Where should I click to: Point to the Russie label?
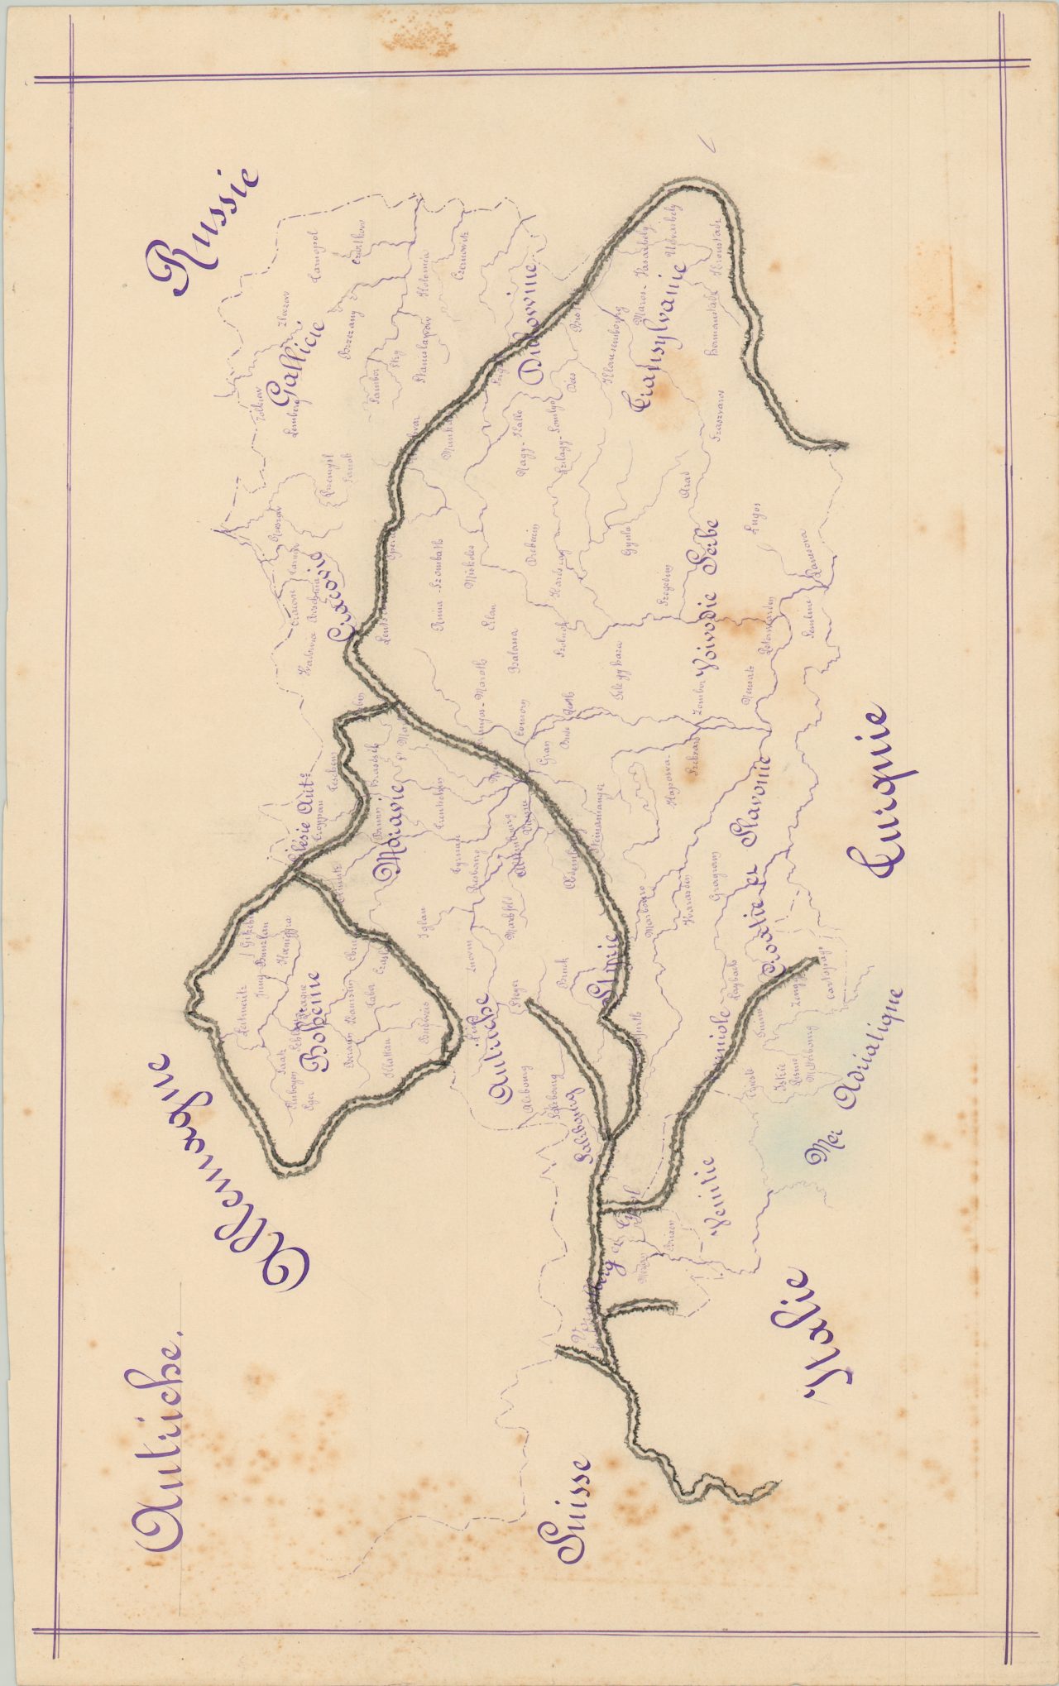click(203, 232)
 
